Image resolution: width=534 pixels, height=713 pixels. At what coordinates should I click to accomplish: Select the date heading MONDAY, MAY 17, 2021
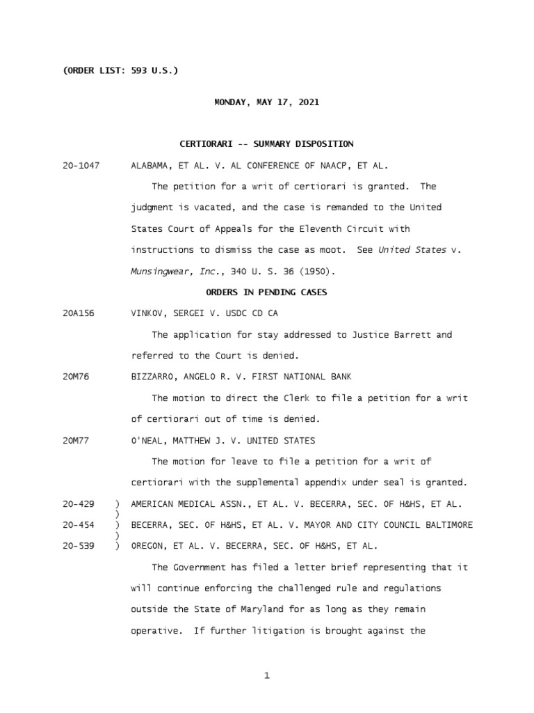tap(266, 102)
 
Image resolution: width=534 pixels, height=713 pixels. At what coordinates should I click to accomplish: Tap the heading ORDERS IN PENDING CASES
tap(266, 292)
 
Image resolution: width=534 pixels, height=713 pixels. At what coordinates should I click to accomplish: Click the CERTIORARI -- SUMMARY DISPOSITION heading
tap(266, 144)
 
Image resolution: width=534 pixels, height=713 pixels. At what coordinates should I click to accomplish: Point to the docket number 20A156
tap(78, 314)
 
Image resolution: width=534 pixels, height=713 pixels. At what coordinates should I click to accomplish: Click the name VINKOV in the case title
tap(147, 314)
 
